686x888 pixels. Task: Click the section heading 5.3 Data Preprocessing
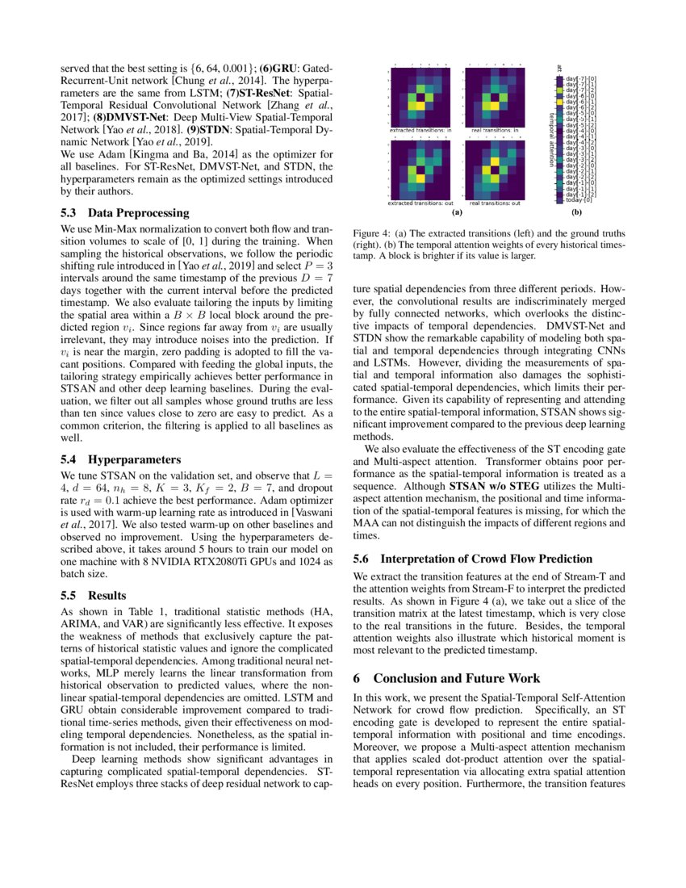(x=125, y=213)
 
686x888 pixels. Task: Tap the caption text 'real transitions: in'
(x=494, y=129)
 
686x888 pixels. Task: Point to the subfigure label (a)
(x=457, y=214)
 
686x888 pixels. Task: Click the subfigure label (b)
(x=576, y=214)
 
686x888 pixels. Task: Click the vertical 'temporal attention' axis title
(x=552, y=137)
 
